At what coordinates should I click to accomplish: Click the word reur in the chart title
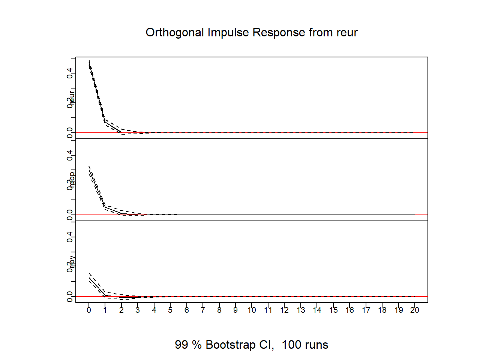tap(347, 33)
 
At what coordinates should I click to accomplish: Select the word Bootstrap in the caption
tap(231, 345)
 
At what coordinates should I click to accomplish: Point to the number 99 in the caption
tap(181, 345)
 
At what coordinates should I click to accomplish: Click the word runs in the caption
tap(318, 345)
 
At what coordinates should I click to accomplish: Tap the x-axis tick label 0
tap(89, 310)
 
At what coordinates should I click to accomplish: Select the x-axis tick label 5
tap(170, 310)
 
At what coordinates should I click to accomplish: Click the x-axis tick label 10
tap(252, 310)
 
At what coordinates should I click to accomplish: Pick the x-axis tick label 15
tap(333, 310)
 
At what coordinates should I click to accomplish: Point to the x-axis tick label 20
tap(415, 310)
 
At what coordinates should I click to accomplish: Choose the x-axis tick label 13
tap(301, 310)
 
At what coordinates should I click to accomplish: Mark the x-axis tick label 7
tap(203, 310)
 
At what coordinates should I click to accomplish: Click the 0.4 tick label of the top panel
tap(70, 73)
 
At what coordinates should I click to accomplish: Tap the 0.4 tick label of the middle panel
tap(70, 155)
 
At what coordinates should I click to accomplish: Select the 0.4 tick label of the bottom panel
tap(70, 237)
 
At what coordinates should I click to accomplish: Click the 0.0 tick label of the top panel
tap(70, 133)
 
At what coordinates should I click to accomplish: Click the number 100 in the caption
tap(291, 345)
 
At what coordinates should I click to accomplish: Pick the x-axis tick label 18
tap(382, 310)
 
